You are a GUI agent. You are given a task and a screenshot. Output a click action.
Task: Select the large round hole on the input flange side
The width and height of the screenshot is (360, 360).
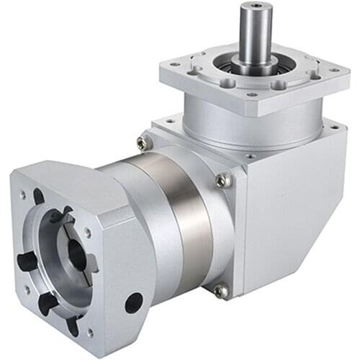coord(134,302)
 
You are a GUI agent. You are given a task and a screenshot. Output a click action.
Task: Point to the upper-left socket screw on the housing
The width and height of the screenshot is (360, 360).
coord(145,143)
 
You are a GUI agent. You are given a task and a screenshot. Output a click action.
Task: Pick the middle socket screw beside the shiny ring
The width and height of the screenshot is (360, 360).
coord(223,180)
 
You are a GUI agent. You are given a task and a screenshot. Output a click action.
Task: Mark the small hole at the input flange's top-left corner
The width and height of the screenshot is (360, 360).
coord(23,195)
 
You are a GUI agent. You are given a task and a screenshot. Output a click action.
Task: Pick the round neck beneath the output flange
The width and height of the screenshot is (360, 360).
coord(252,122)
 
